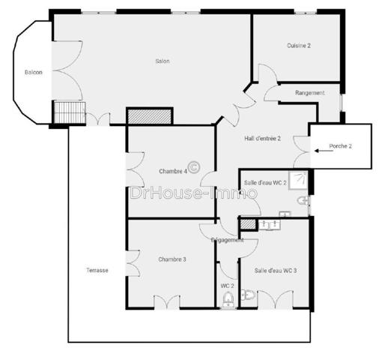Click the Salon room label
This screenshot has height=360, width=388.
[162, 61]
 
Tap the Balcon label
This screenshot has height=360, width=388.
[33, 73]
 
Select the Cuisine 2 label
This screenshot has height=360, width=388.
[298, 46]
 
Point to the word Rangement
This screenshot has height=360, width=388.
[309, 93]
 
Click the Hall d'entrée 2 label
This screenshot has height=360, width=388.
[262, 138]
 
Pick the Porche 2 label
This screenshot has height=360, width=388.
[340, 145]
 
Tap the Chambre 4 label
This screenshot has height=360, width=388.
[173, 171]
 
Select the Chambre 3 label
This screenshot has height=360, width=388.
[172, 259]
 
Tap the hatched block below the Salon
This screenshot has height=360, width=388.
[150, 116]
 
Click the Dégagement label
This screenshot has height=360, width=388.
[227, 240]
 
